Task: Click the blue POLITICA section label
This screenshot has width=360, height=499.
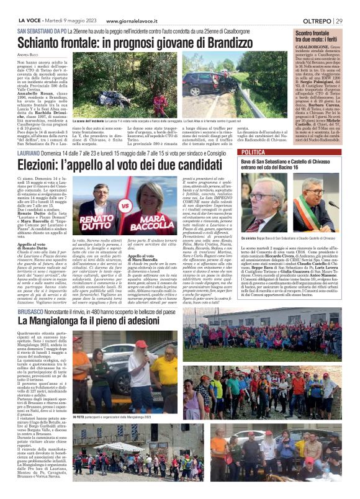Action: pos(254,151)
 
